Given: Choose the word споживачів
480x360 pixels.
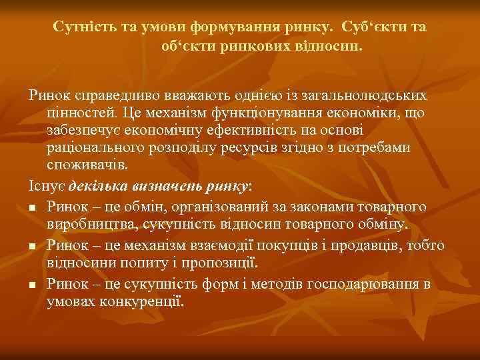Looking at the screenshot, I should coord(87,164).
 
